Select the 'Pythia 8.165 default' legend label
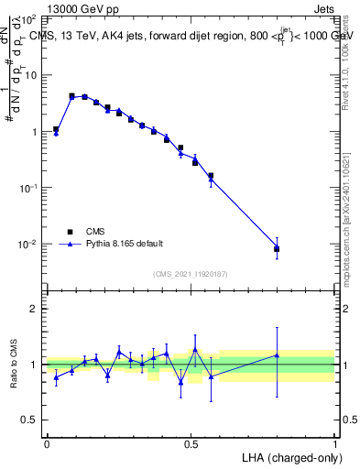click(x=125, y=244)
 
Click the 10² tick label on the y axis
click(x=27, y=18)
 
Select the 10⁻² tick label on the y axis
click(x=27, y=245)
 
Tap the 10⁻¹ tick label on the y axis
click(x=27, y=188)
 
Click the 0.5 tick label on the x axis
click(x=191, y=443)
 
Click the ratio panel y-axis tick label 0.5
click(x=29, y=420)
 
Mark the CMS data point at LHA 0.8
click(x=277, y=248)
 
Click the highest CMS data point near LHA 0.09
click(x=71, y=95)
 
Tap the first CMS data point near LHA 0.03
click(x=56, y=130)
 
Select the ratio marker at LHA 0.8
click(x=277, y=355)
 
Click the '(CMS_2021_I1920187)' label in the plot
click(x=191, y=274)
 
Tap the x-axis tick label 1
click(x=334, y=443)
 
